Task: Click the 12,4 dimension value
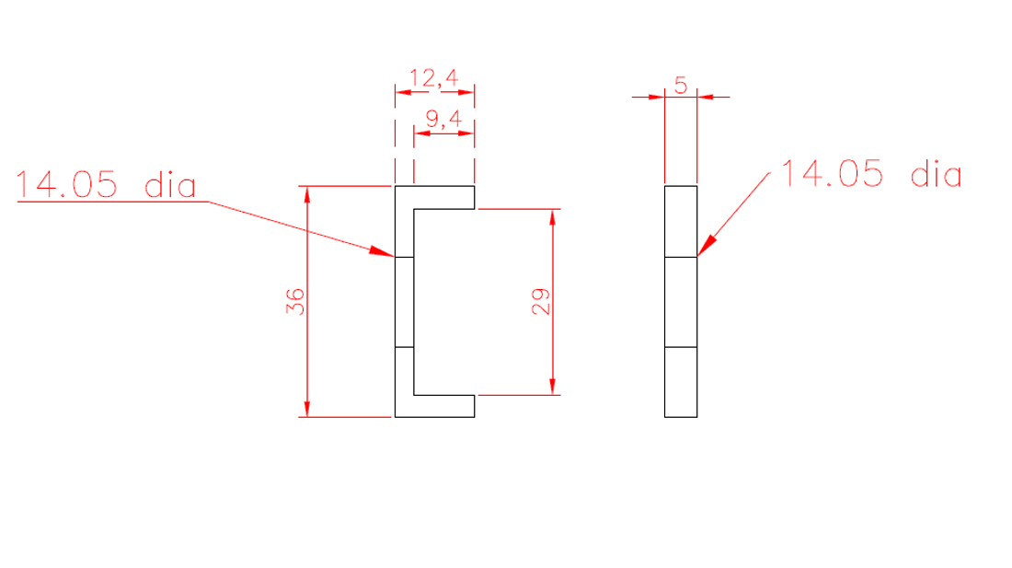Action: point(433,79)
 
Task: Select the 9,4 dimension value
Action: point(443,120)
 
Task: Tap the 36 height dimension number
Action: point(295,301)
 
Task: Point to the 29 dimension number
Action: point(540,301)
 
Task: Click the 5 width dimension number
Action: point(681,86)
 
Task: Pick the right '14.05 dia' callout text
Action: point(870,174)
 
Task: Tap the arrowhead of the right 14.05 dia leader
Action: point(705,246)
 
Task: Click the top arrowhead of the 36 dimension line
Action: point(307,194)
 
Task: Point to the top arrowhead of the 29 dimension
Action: point(553,217)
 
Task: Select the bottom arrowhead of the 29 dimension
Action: point(553,387)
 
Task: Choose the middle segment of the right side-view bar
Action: point(681,302)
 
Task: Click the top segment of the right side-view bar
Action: point(681,221)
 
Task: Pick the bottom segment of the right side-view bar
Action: point(681,382)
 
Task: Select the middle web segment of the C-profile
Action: point(404,302)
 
